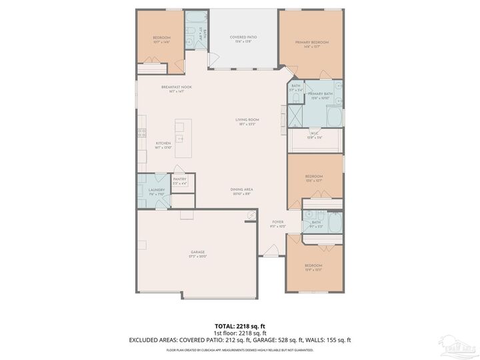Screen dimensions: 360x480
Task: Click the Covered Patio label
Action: pyautogui.click(x=243, y=37)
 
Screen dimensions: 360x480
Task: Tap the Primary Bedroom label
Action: pyautogui.click(x=311, y=42)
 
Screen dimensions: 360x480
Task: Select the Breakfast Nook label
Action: pyautogui.click(x=176, y=87)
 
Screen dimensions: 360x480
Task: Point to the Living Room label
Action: pyautogui.click(x=246, y=120)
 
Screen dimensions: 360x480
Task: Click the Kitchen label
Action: pyautogui.click(x=163, y=143)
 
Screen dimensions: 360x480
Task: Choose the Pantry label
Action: pyautogui.click(x=179, y=179)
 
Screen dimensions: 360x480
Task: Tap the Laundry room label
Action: pyautogui.click(x=147, y=190)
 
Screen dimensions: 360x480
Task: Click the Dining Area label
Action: pyautogui.click(x=242, y=189)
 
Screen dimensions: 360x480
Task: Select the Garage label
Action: pyautogui.click(x=198, y=252)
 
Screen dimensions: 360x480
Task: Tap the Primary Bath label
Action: pyautogui.click(x=320, y=94)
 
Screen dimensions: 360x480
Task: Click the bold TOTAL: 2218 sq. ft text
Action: pyautogui.click(x=239, y=326)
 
